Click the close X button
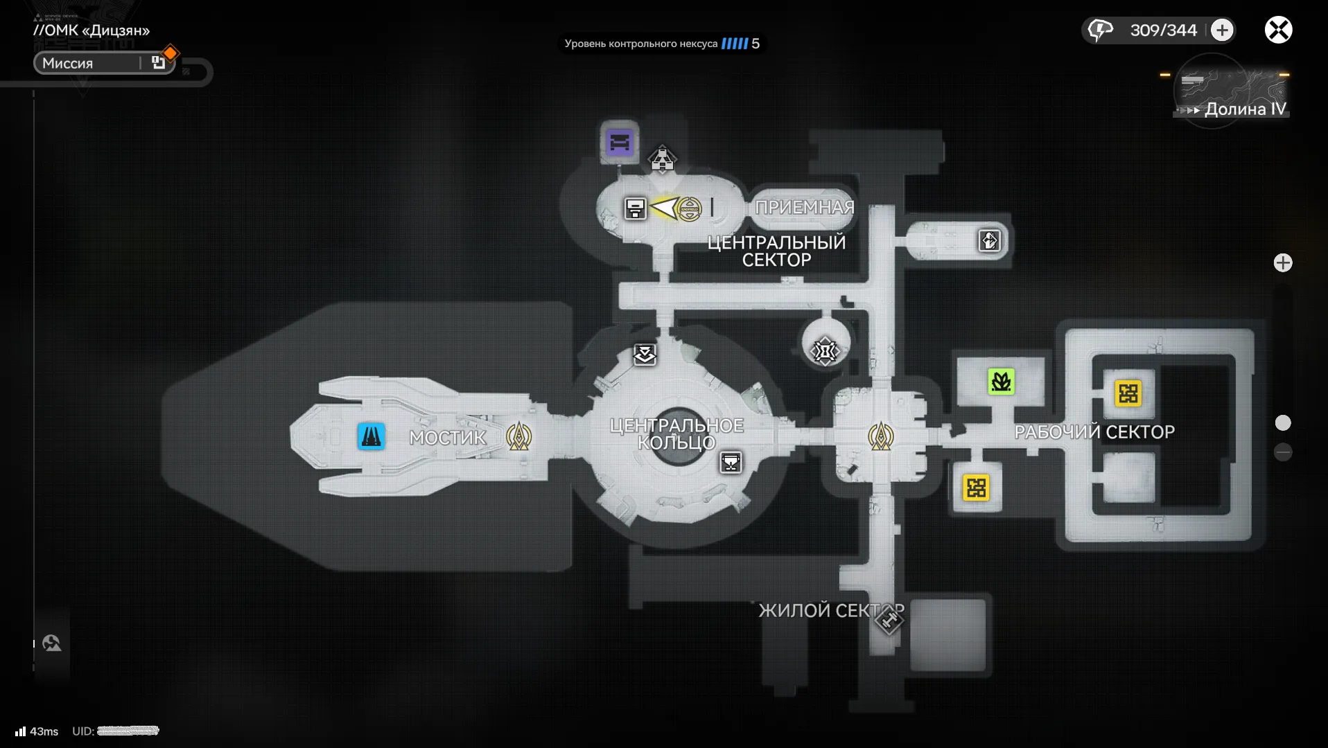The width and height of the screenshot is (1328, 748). coord(1278,30)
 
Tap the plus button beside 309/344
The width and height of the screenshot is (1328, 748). coord(1222,30)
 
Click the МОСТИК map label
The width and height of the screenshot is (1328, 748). coord(448,438)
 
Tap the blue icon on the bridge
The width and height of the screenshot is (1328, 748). coord(371,436)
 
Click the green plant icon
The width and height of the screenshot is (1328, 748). coord(1001,382)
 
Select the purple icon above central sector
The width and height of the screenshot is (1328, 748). coord(620,143)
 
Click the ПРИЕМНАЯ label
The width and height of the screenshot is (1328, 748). coord(804,207)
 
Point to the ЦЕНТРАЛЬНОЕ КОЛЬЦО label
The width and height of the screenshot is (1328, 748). coord(676,434)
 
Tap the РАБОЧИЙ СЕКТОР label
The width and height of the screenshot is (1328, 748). coord(1094,432)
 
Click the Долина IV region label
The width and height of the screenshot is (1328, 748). coord(1245,109)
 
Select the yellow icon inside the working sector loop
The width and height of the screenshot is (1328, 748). coord(1128,393)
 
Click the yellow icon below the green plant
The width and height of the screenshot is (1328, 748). coord(976,488)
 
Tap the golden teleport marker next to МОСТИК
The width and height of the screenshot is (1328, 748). coord(518,436)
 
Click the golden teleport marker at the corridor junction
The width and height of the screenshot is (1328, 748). coord(881,436)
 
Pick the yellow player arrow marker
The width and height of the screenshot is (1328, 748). coord(665,208)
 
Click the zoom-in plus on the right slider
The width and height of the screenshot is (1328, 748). coord(1283,263)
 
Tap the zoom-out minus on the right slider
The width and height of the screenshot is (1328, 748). coord(1283,452)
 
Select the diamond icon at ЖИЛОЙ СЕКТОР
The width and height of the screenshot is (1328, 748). coord(889,619)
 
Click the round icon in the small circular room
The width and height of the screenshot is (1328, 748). coord(825,351)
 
